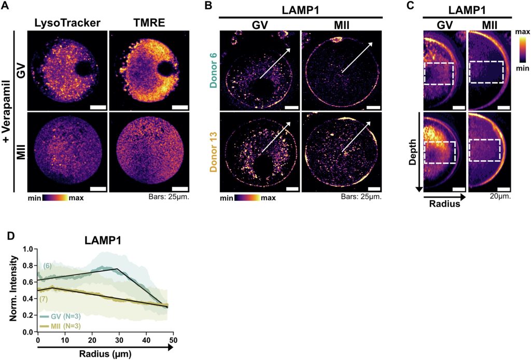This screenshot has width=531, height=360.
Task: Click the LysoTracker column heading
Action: coord(66,22)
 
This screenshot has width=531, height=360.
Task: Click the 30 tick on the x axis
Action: coord(119,339)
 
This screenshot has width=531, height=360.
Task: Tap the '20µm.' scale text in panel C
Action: coord(500,197)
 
